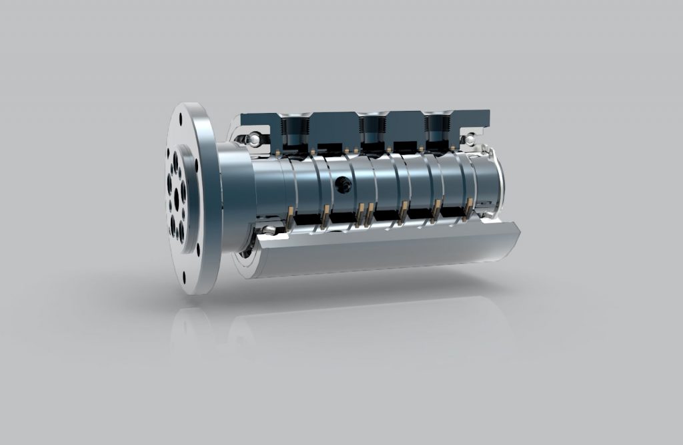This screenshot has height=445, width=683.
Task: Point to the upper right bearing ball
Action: pyautogui.click(x=470, y=140)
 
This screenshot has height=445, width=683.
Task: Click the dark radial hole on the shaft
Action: pyautogui.click(x=344, y=185)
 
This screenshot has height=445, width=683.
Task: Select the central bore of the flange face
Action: pyautogui.click(x=176, y=196)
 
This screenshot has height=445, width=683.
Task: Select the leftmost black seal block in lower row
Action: pyautogui.click(x=307, y=218)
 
